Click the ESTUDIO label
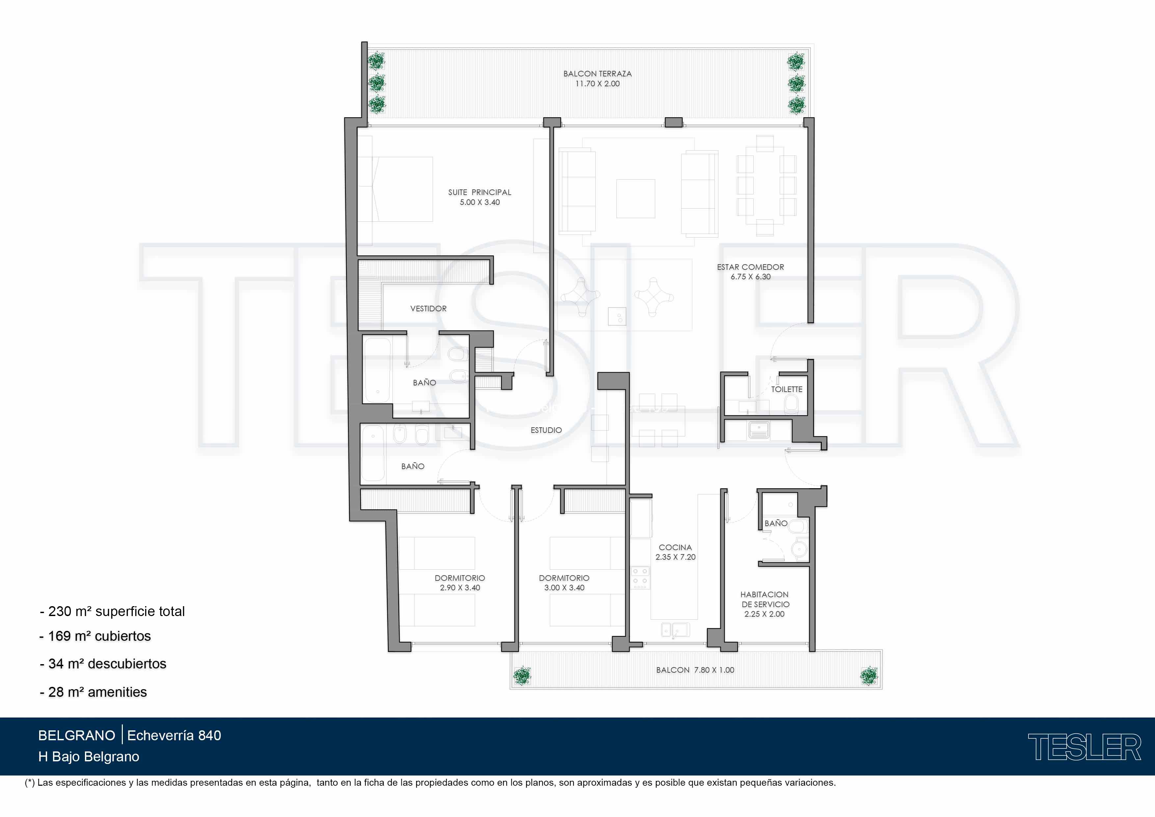coord(546,430)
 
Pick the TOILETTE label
coord(786,389)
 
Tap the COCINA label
coord(675,547)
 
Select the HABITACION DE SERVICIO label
coord(764,600)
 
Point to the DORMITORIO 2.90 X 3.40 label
coord(460,583)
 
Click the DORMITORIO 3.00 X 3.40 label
coord(564,583)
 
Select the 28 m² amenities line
coord(93,692)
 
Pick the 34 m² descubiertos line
coord(103,664)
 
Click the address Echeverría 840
coord(174,735)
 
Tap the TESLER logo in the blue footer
coord(1084,747)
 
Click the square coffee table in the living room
coord(635,198)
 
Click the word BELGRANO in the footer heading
coord(76,735)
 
